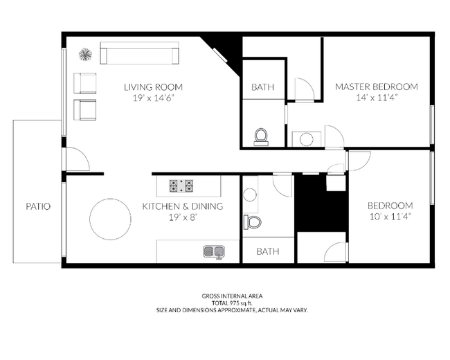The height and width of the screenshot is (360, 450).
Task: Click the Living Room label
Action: tap(153, 87)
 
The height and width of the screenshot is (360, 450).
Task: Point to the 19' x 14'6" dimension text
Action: tap(153, 98)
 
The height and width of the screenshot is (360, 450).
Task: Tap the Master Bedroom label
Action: tap(377, 87)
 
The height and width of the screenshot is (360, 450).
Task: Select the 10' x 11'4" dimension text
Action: tap(390, 217)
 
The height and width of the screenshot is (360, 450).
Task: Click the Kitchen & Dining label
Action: tap(183, 206)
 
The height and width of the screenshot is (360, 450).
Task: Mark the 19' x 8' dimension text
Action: tap(183, 217)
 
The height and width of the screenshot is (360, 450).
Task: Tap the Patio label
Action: tap(38, 206)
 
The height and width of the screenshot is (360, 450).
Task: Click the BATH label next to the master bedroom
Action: tap(262, 87)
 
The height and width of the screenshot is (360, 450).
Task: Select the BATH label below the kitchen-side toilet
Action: tap(267, 251)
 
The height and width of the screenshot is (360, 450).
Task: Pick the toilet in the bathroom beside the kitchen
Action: tap(252, 222)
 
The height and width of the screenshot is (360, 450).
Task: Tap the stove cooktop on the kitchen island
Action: tap(181, 186)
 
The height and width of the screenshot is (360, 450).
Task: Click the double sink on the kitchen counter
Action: tap(214, 251)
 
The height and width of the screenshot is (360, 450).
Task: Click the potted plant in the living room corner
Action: tap(85, 54)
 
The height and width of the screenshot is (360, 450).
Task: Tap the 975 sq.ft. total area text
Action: tap(231, 303)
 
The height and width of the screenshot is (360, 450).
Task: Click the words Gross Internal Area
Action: tap(231, 296)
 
